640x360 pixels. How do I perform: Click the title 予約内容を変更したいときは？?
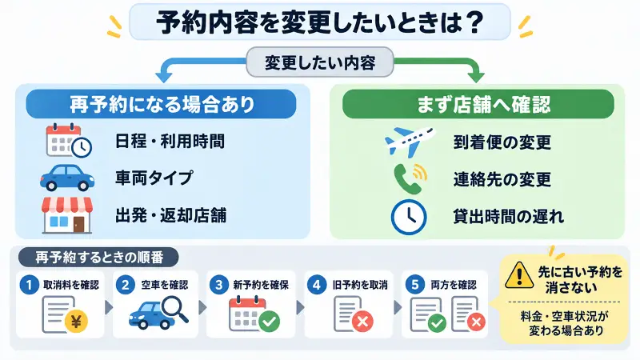tap(320, 22)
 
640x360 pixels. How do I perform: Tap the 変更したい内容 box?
tap(320, 62)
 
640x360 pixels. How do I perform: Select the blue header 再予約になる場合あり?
tap(162, 104)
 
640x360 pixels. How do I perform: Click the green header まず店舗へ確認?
tap(478, 104)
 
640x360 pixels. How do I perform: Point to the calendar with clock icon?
tap(69, 140)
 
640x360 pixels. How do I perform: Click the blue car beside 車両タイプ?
tap(67, 178)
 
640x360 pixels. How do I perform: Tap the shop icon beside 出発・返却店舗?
tap(67, 215)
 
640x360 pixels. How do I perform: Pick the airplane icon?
tap(410, 142)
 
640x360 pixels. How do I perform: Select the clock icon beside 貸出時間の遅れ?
tap(409, 217)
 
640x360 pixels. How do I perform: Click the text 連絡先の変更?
tap(502, 179)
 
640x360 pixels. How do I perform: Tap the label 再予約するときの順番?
tap(99, 257)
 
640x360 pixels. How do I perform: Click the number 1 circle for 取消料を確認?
tap(29, 285)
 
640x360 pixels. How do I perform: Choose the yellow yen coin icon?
tap(76, 322)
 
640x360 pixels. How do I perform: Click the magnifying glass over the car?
tap(174, 309)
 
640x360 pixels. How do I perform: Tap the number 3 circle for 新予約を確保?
tap(219, 285)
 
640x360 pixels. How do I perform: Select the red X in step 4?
tap(362, 322)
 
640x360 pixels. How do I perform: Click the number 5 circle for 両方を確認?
tap(415, 285)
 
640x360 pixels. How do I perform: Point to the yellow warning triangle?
tap(519, 275)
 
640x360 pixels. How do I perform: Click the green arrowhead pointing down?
tap(475, 77)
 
